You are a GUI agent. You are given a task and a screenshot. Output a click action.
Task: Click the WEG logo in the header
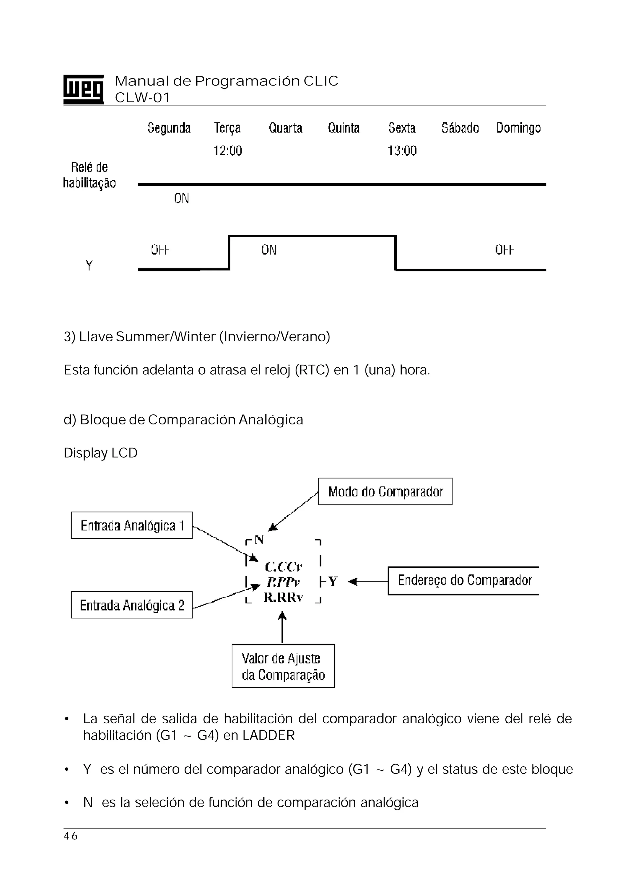[x=83, y=89]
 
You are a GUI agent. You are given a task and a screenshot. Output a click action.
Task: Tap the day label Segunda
[x=169, y=128]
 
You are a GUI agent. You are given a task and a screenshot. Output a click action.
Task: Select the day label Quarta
[x=285, y=128]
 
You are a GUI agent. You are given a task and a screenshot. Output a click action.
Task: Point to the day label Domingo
[x=518, y=128]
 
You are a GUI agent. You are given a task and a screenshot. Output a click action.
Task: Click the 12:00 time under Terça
[x=228, y=151]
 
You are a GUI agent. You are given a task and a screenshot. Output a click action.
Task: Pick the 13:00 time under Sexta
[x=402, y=151]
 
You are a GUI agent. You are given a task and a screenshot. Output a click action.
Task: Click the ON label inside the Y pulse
[x=269, y=250]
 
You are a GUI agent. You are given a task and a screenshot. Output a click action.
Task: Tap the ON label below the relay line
[x=181, y=199]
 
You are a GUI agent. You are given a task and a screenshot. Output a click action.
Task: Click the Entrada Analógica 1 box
[x=132, y=525]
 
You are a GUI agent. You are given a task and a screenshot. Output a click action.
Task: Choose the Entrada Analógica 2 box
[x=132, y=605]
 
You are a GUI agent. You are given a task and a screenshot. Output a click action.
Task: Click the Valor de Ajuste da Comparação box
[x=283, y=667]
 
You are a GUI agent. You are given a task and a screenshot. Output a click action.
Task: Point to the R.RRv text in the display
[x=283, y=597]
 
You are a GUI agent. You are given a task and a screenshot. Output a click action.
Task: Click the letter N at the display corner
[x=259, y=540]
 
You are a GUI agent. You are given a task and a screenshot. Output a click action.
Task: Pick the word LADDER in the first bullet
[x=269, y=735]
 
